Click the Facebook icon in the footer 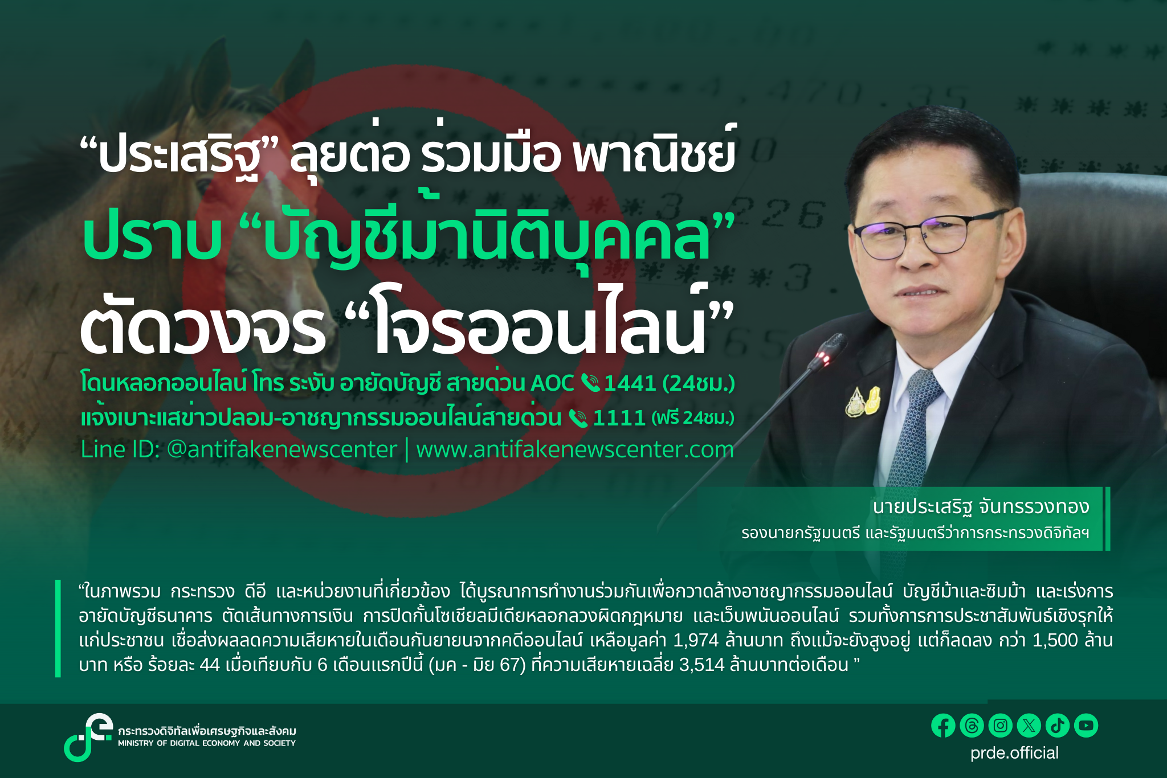coord(943,726)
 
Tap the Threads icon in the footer coord(972,726)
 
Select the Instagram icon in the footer coord(1000,726)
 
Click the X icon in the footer coord(1029,726)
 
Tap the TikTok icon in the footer coord(1058,726)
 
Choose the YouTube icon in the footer coord(1086,726)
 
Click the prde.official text coord(1014,753)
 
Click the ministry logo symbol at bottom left coord(87,737)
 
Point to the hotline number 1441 coord(630,383)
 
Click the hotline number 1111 coord(619,418)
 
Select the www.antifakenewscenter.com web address coord(574,450)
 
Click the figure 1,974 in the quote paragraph coord(695,640)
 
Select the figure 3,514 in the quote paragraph coord(701,665)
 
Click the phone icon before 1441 coord(590,383)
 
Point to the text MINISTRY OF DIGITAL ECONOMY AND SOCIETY coord(207,743)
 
